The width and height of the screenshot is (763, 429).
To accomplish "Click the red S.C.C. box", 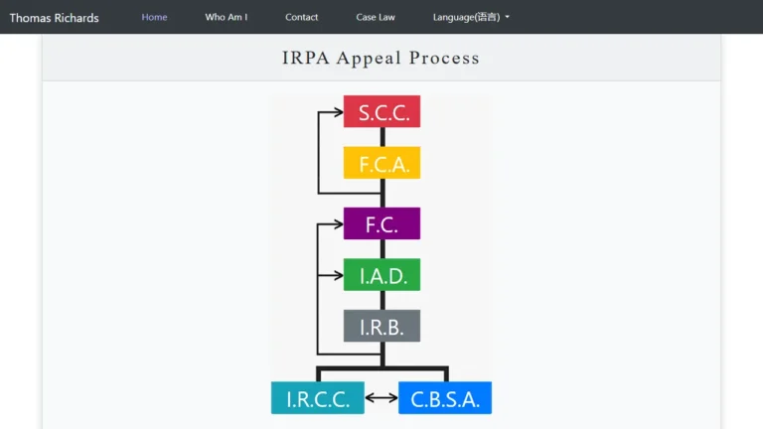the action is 381,111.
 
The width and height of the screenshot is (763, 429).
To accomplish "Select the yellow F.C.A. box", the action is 381,163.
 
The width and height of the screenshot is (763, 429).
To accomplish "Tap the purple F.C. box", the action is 381,223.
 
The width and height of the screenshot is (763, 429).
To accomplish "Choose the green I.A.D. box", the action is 381,275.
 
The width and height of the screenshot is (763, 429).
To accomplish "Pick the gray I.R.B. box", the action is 381,326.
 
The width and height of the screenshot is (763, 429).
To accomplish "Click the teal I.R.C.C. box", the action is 318,398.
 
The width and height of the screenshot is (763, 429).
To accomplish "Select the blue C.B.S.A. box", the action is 445,398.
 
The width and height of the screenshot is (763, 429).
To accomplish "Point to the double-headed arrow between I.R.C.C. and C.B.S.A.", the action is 381,398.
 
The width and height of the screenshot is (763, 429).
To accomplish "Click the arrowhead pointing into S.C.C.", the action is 338,112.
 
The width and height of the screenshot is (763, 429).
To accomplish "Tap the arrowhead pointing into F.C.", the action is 338,224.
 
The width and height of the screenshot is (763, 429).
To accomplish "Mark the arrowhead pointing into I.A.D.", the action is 338,275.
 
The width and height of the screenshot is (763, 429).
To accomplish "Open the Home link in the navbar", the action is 154,17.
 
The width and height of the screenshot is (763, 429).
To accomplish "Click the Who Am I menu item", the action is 227,17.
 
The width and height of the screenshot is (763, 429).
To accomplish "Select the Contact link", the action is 302,17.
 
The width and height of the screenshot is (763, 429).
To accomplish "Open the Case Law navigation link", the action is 376,17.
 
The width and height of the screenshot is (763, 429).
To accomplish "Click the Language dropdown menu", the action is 471,17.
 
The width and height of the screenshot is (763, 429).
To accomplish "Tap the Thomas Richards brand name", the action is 54,18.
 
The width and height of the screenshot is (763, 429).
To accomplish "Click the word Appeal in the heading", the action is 369,59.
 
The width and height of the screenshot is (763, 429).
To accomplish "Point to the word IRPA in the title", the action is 306,58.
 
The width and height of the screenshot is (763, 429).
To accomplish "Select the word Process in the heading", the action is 444,58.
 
